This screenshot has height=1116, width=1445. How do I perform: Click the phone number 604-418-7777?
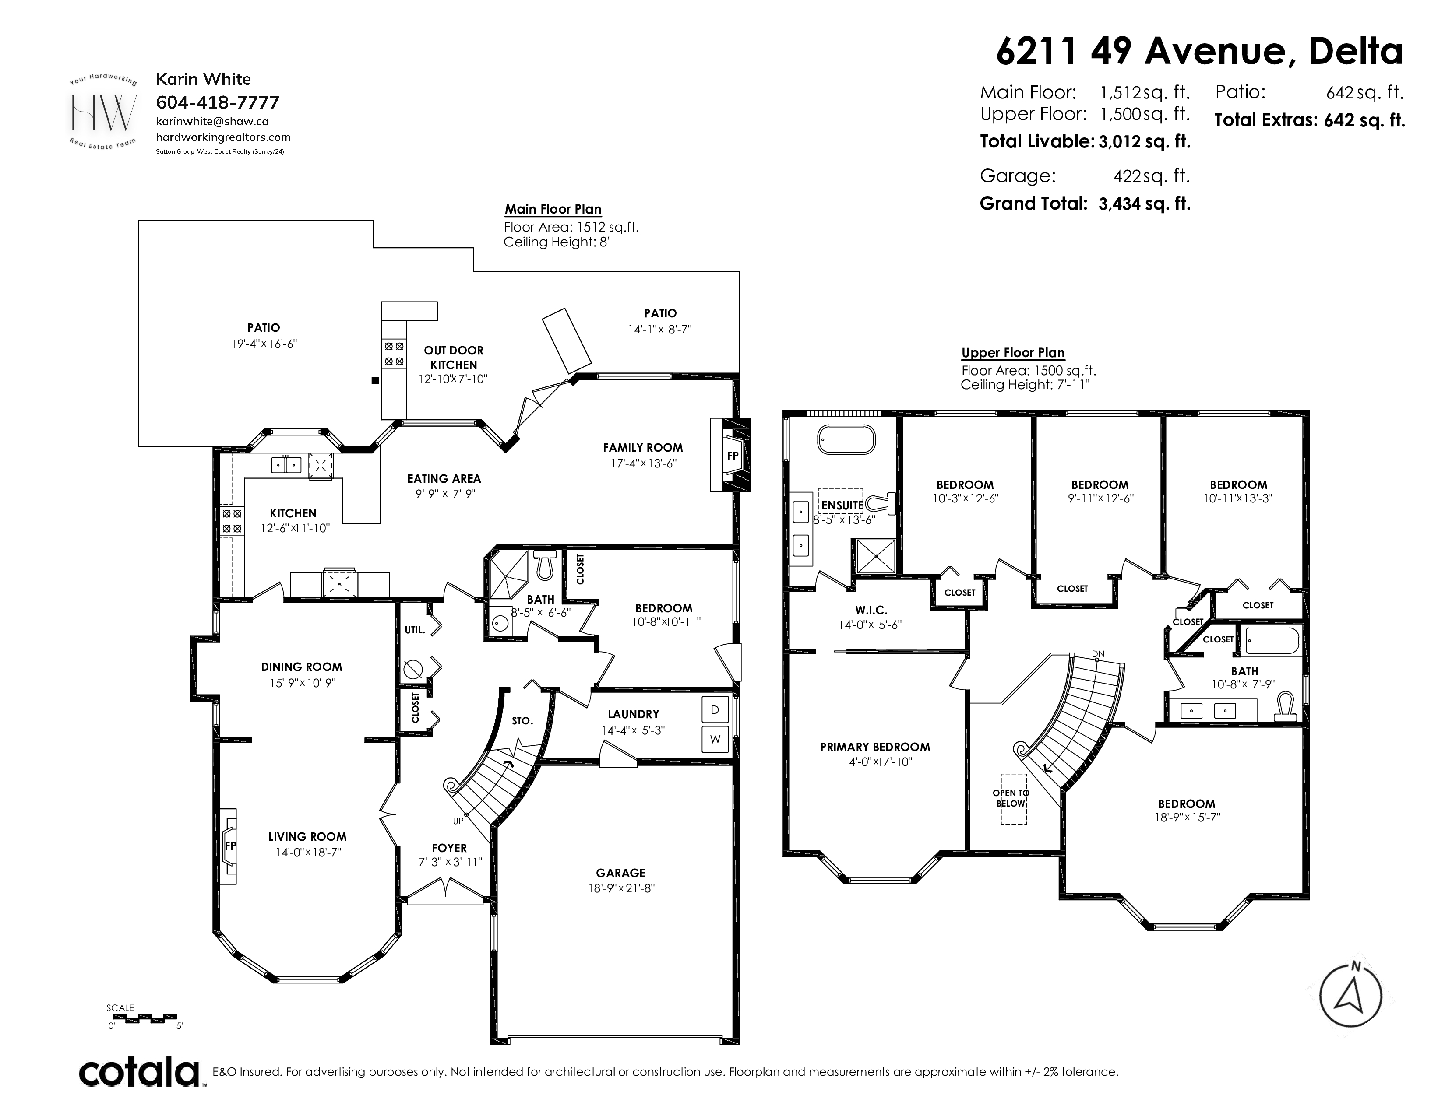218,102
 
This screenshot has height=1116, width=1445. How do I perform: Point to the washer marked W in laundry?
715,739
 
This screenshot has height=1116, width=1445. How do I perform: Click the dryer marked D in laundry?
715,709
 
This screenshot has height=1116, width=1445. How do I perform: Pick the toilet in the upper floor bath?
1285,706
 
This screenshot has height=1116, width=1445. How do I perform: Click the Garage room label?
620,873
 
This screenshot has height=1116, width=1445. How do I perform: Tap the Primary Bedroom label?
875,747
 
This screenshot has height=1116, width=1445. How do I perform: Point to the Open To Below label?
1011,798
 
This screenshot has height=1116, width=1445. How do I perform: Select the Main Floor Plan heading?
553,209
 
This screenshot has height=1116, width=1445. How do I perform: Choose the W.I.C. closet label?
871,610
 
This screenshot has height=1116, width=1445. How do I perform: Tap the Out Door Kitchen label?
454,358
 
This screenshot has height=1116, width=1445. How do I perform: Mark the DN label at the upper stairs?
1098,654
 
